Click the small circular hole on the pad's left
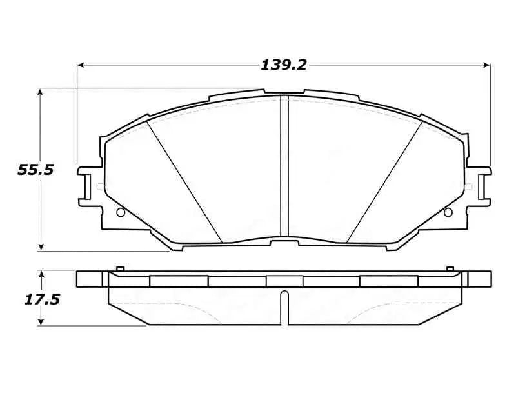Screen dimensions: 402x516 point(119,213)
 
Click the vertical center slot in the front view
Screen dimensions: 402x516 point(284,168)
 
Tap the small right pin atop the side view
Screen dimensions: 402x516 point(448,268)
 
